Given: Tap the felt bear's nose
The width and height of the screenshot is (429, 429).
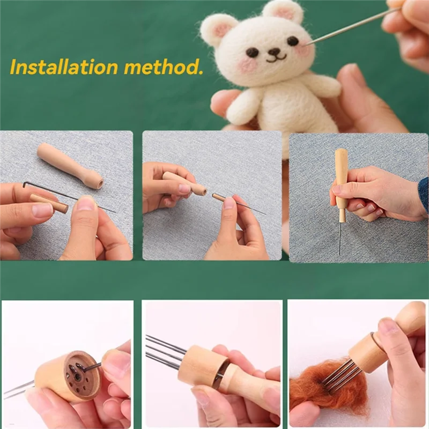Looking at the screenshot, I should coord(274,52).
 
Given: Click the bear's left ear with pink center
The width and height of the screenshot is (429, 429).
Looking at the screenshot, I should coord(219,28).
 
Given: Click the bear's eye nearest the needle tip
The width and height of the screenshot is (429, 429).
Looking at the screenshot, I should coord(293,41).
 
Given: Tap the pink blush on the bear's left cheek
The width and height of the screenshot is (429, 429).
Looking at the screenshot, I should coord(248,65).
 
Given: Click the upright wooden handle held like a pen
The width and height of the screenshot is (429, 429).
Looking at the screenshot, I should coord(341,182).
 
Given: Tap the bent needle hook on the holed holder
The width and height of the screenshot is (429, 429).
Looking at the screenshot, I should coord(89,367).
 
